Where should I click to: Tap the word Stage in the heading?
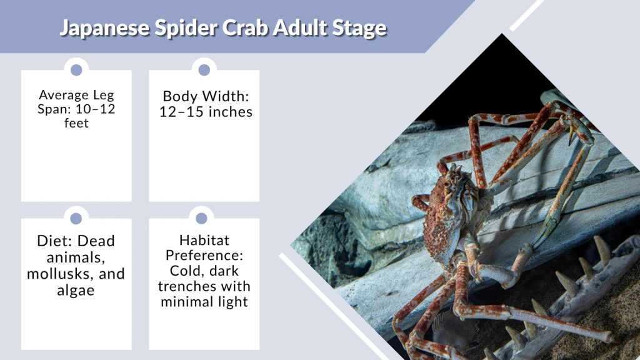(x=362, y=28)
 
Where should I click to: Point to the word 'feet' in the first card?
(x=76, y=122)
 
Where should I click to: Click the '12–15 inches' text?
(x=206, y=112)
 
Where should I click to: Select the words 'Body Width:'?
(x=206, y=97)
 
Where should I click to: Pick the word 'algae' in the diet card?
(x=76, y=290)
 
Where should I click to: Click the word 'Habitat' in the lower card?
(x=204, y=241)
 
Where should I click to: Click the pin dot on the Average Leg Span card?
(x=76, y=69)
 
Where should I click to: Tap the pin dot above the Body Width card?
(x=204, y=69)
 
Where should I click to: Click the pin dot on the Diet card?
(x=76, y=218)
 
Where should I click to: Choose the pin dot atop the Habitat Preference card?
(x=202, y=218)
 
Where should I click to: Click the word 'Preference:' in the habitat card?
(x=204, y=256)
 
